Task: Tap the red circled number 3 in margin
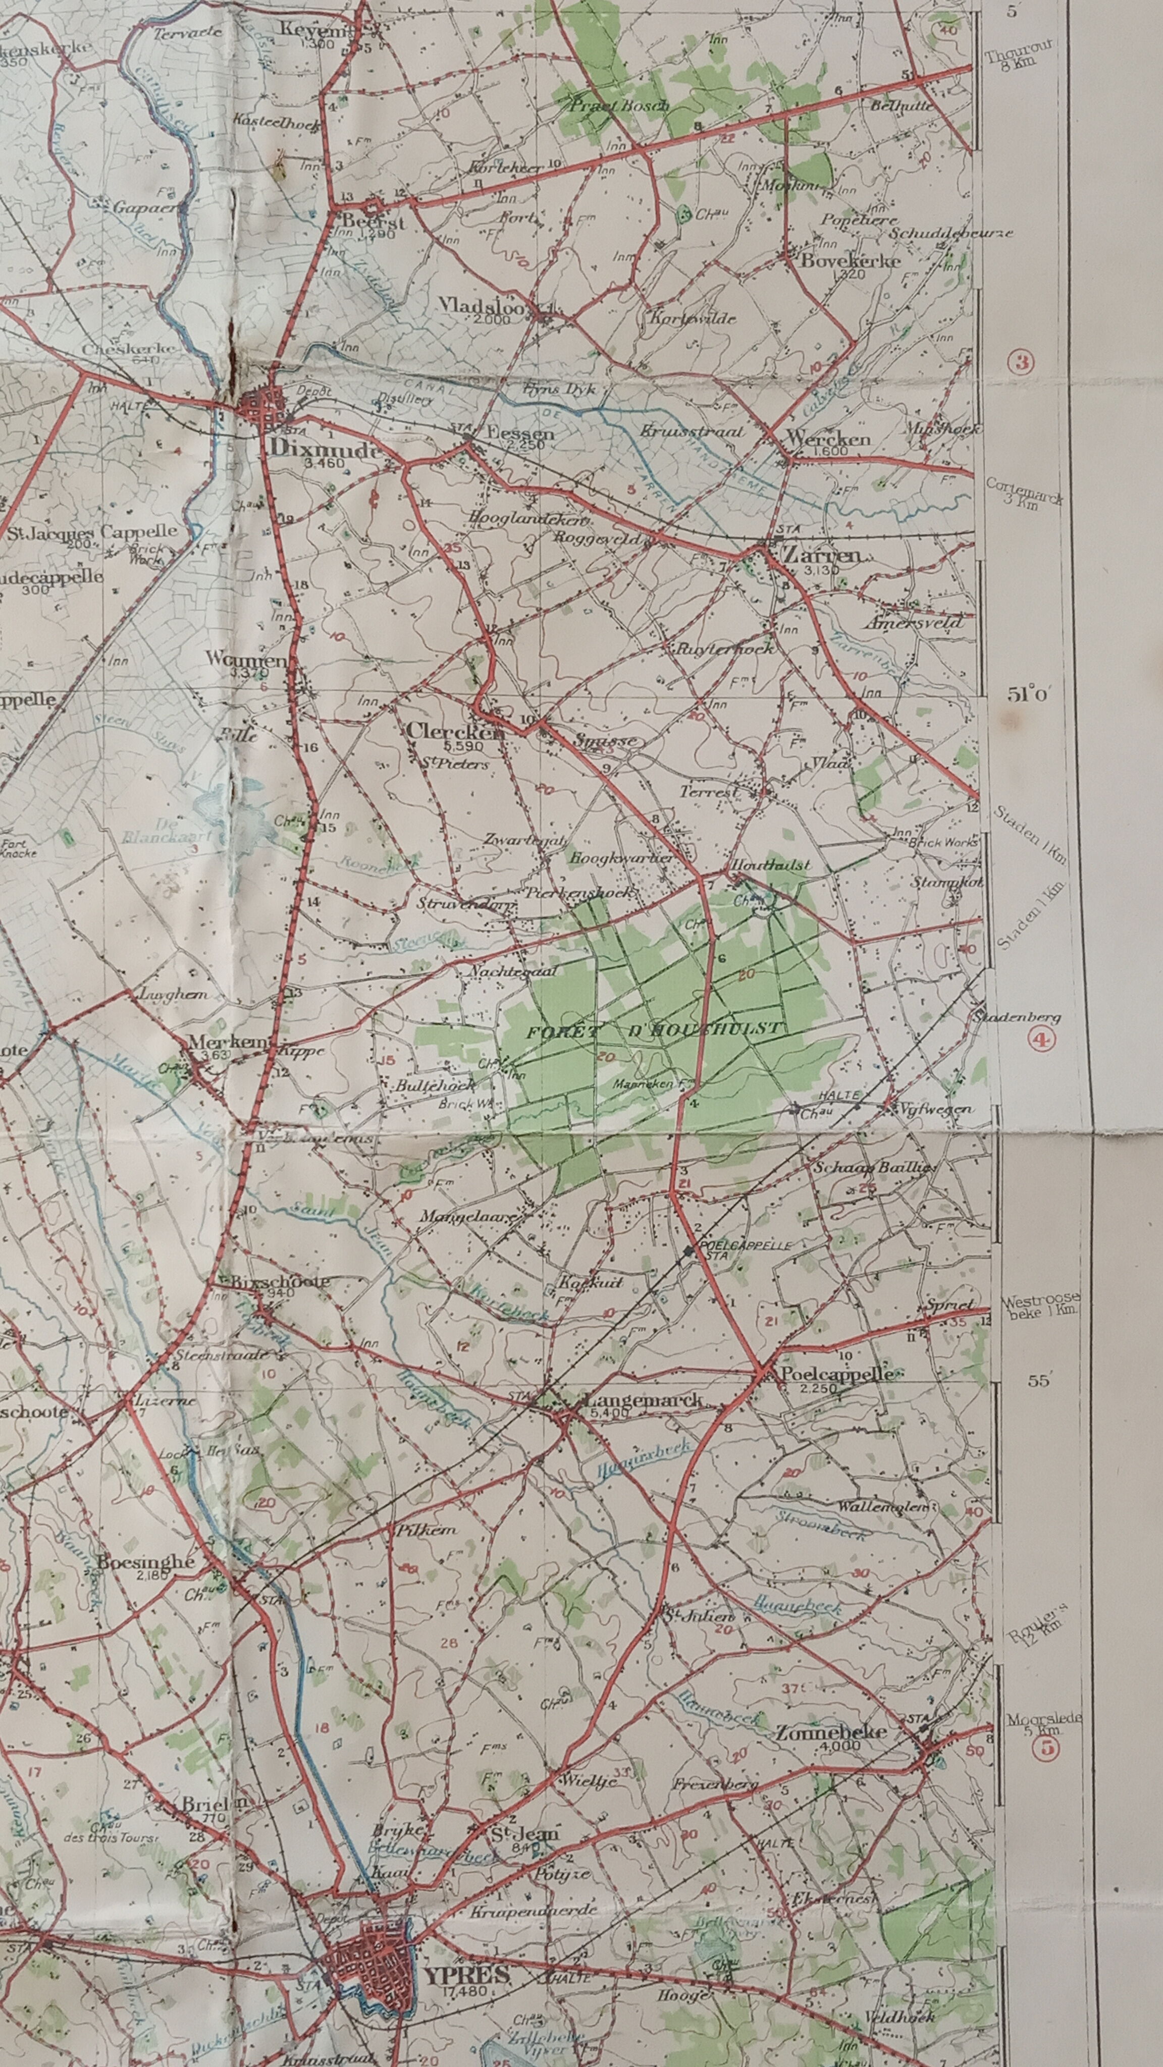tap(1022, 363)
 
